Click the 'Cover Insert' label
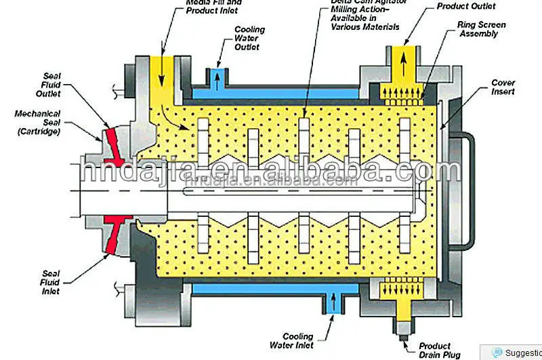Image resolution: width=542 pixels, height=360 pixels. pos(503,87)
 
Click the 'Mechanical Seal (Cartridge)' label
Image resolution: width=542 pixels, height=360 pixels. pos(37,123)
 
